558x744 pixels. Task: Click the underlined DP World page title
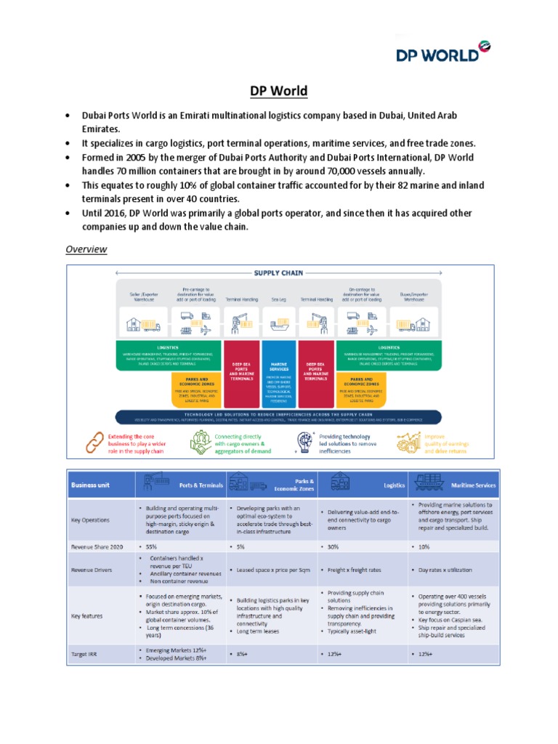click(279, 91)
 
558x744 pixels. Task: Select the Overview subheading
click(86, 249)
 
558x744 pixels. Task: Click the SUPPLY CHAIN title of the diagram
click(278, 274)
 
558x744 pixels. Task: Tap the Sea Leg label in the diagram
click(279, 298)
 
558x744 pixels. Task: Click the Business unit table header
click(90, 485)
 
